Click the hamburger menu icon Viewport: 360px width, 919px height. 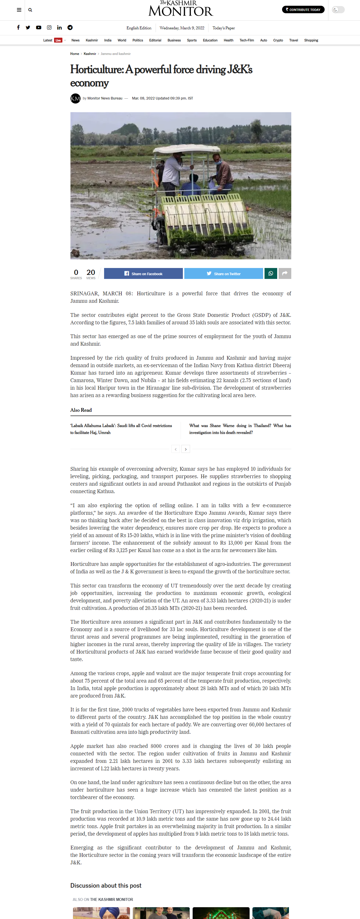point(19,10)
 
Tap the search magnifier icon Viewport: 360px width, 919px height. point(30,10)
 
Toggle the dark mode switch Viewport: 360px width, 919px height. point(338,9)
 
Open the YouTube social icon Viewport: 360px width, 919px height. point(39,28)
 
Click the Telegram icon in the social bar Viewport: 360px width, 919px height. point(70,28)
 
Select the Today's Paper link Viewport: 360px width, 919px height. point(223,28)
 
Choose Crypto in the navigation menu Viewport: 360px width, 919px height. point(278,40)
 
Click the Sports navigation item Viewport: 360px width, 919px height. point(192,40)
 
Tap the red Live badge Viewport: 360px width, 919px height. point(58,40)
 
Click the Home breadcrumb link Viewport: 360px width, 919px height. point(74,54)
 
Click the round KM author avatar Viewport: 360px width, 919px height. point(75,98)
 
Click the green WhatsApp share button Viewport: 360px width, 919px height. point(271,273)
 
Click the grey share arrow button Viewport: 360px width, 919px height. point(285,273)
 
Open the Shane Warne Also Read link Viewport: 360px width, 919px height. point(240,429)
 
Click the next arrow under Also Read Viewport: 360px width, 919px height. point(185,449)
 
